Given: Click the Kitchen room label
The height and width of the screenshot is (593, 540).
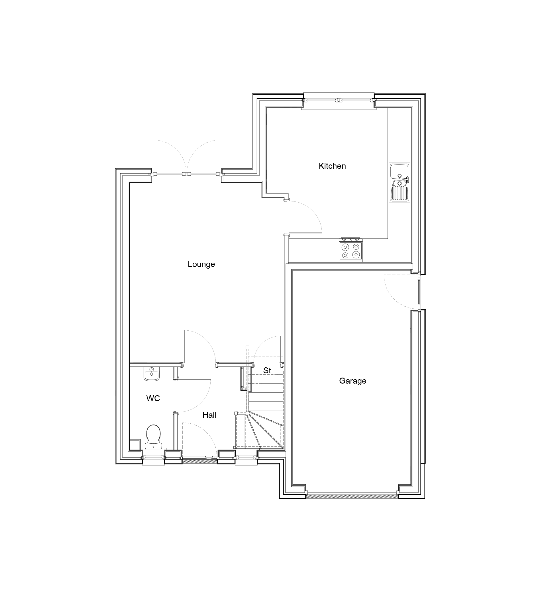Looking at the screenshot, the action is pos(332,166).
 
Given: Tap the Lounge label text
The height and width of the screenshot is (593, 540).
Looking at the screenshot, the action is pos(201,264).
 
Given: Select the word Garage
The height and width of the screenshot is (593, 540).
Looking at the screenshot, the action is pos(352,381).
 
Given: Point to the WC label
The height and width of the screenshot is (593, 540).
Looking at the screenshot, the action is pos(153,398).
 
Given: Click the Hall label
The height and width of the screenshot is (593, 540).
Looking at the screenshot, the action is pos(209,415).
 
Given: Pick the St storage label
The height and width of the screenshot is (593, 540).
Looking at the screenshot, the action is pos(267,370).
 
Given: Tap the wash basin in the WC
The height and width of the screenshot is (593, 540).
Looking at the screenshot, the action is pos(151,374).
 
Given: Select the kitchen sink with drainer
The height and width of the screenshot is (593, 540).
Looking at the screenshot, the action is pos(399,182).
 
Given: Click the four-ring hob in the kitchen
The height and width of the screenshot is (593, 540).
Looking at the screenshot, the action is pos(351,250).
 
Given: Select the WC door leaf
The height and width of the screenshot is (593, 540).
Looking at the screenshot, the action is pos(194,380).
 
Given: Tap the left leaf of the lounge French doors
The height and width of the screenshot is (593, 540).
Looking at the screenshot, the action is pos(169,174).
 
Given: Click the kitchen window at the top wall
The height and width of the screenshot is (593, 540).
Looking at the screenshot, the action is pos(339,101).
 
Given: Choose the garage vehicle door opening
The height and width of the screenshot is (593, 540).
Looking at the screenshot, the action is pos(352,496).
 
